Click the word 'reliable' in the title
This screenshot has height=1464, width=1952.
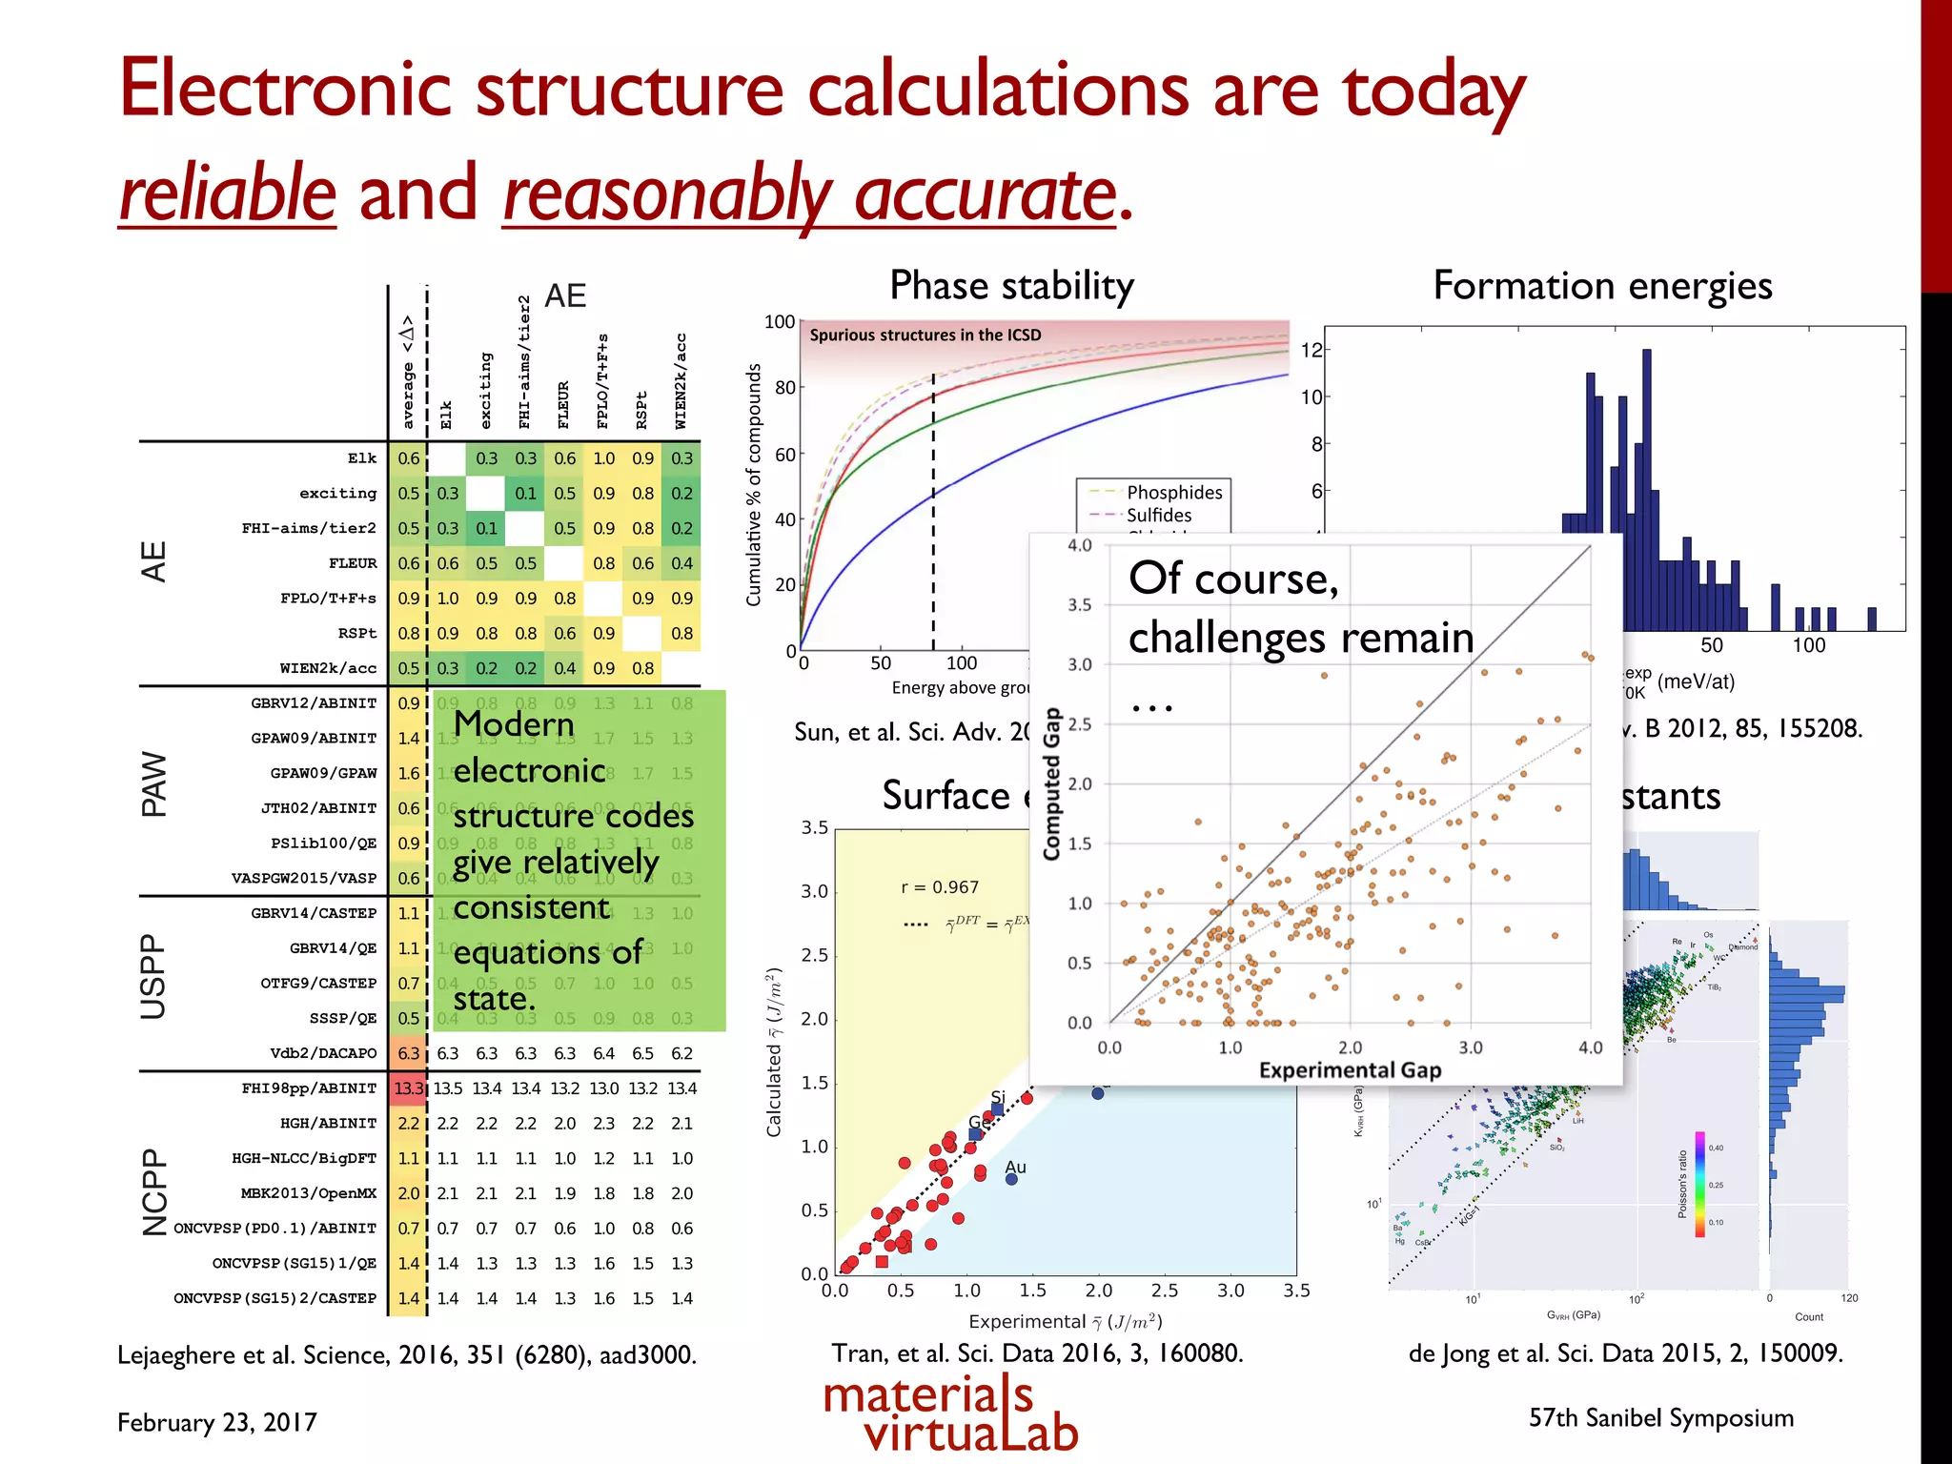(227, 193)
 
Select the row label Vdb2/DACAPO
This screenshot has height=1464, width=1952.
(323, 1053)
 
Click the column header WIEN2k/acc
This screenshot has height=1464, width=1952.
(681, 381)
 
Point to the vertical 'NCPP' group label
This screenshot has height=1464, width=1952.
(154, 1191)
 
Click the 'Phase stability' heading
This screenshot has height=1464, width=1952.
(1011, 285)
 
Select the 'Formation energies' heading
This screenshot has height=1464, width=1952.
(1602, 285)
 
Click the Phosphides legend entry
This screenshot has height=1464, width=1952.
(1173, 492)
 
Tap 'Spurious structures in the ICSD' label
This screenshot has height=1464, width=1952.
(925, 335)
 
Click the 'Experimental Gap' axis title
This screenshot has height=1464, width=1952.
(1350, 1069)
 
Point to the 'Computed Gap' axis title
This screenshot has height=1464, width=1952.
(1051, 783)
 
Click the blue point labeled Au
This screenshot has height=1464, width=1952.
(1011, 1179)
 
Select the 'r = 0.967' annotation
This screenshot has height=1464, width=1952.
(940, 886)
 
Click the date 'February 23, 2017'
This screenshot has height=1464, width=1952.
(217, 1422)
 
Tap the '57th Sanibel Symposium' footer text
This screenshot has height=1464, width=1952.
(1660, 1417)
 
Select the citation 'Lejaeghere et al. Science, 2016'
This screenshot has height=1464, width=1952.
(407, 1354)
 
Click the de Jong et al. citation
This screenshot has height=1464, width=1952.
(1625, 1352)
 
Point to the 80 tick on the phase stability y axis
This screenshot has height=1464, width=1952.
(784, 388)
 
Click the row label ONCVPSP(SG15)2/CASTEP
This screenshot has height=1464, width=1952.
(274, 1298)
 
